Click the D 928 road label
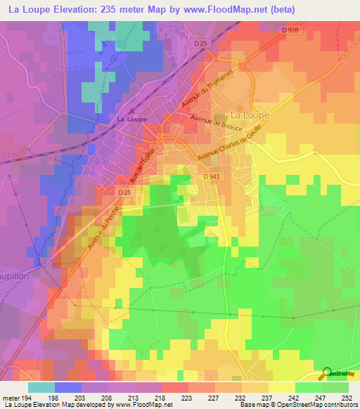pyautogui.click(x=290, y=30)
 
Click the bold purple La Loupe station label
pyautogui.click(x=131, y=119)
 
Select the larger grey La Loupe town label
pyautogui.click(x=247, y=115)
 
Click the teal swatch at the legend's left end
pyautogui.click(x=41, y=387)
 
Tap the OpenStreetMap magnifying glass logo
pyautogui.click(x=328, y=372)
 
